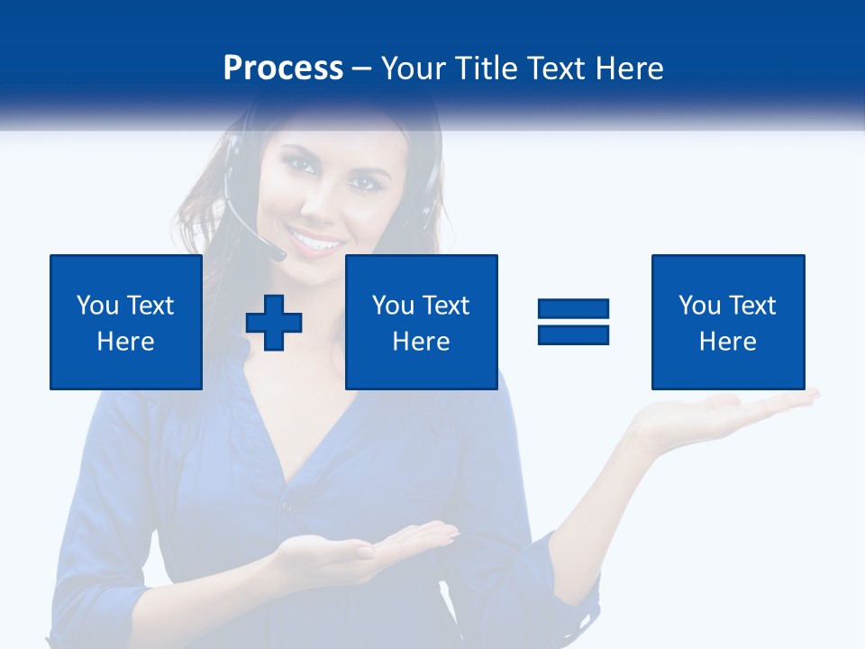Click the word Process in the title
pos(283,69)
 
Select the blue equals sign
pos(574,322)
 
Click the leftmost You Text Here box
pos(126,322)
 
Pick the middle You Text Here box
pos(422,322)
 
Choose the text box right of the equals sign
pos(728,322)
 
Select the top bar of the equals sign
pos(574,310)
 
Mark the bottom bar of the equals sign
pos(574,334)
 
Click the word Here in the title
pos(627,69)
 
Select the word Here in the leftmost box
pos(126,342)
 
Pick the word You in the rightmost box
pos(699,306)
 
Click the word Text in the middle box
pos(446,306)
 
